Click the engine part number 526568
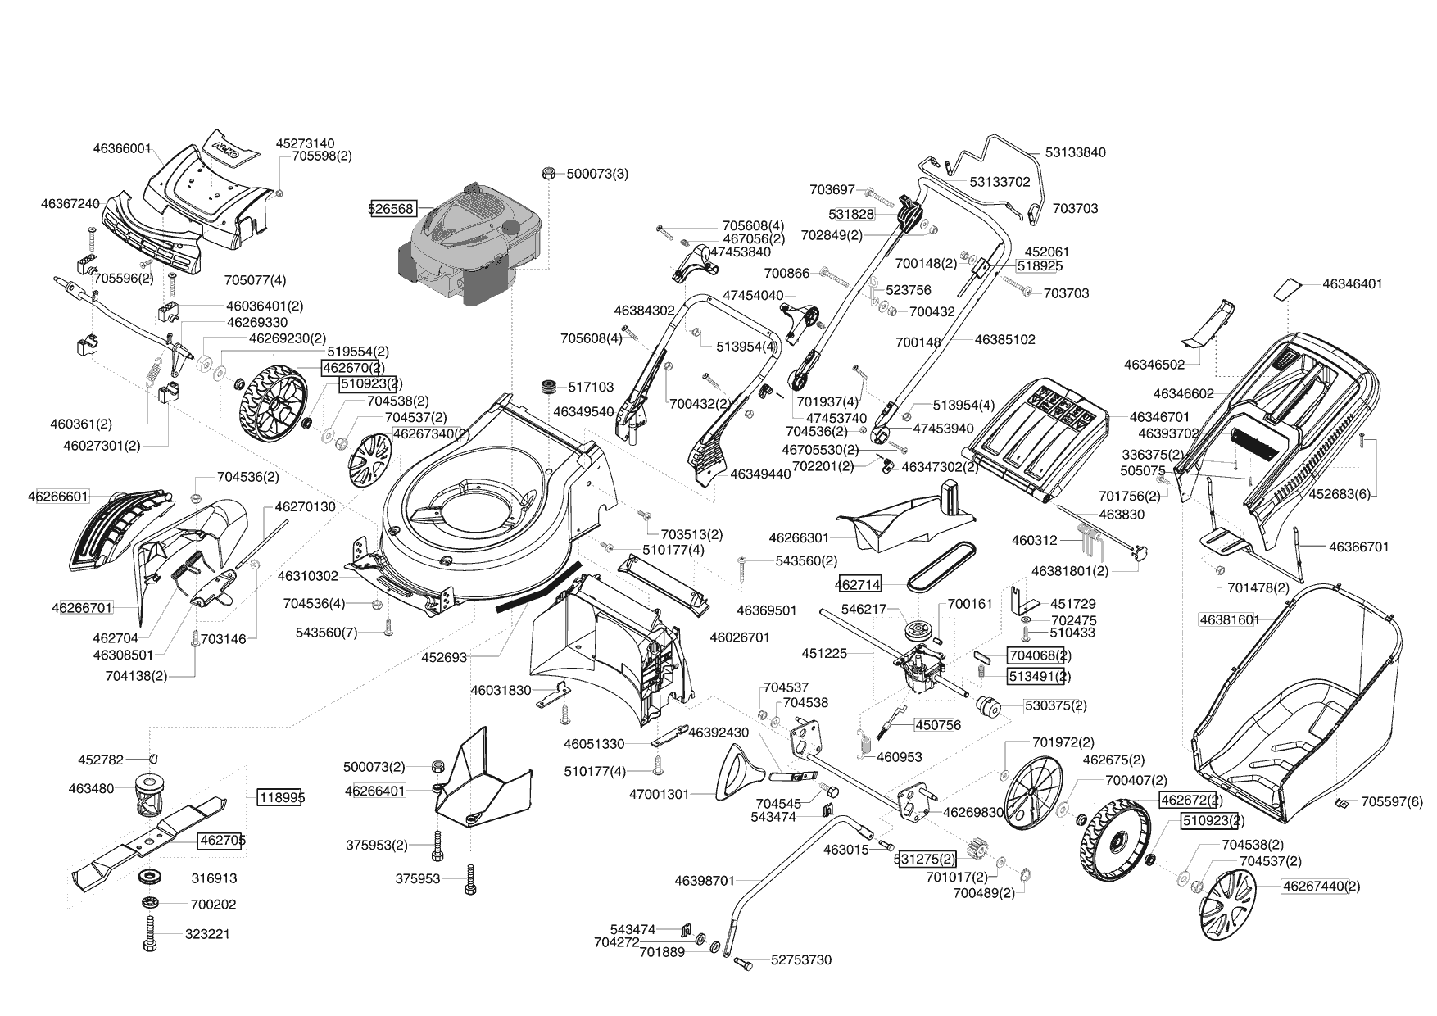[392, 208]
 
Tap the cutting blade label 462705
[221, 840]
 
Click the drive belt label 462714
[859, 585]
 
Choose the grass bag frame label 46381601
[1229, 619]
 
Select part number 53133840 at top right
[1076, 152]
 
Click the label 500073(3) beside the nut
[597, 174]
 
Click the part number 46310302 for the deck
[308, 576]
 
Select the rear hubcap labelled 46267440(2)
[1226, 903]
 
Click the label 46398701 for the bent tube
[705, 881]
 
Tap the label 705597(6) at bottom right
[1393, 802]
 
